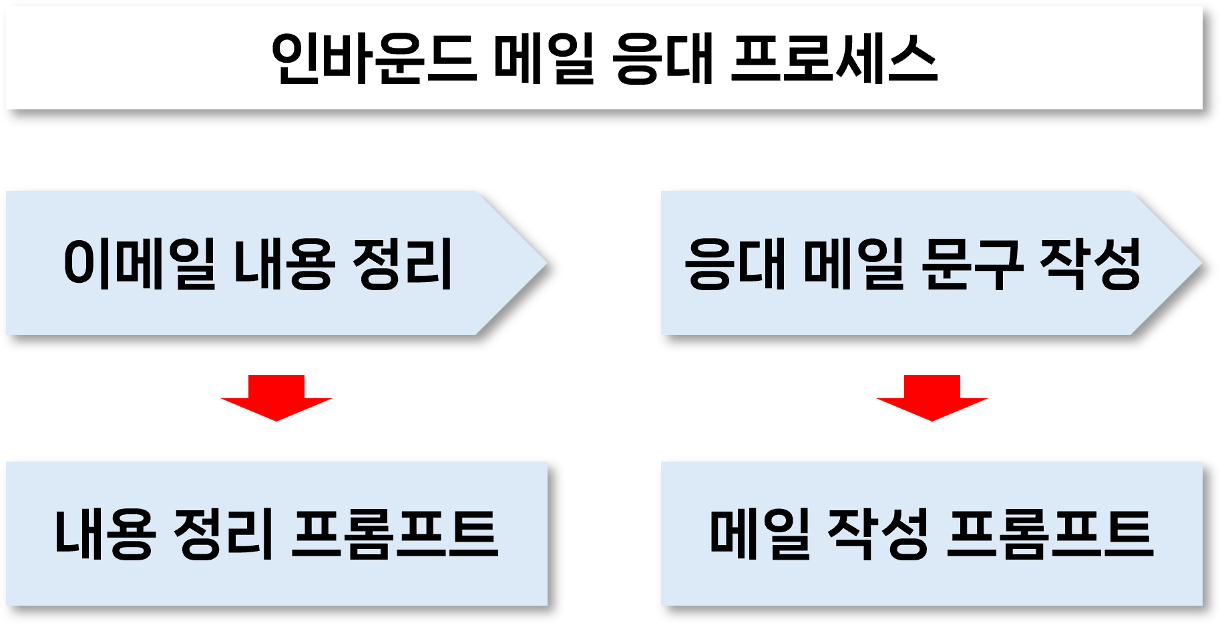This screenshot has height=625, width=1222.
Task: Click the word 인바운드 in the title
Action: coord(374,58)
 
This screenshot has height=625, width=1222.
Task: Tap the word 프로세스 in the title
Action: coord(834,58)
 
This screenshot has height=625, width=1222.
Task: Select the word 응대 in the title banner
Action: coord(663,58)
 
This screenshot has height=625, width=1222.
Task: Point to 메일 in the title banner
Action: coord(544,58)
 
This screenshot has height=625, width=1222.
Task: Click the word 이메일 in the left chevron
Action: coord(139,263)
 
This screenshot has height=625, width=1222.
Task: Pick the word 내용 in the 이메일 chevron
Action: coord(283,263)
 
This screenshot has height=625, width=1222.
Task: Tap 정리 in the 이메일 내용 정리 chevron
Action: coord(402,263)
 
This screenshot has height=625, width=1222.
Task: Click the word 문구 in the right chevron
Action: coord(972,263)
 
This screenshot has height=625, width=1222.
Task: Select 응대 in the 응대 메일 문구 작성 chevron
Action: coord(735,263)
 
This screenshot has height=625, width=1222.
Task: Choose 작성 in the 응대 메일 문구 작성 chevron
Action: coord(1090,263)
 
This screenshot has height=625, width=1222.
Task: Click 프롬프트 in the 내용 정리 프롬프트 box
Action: coord(395,533)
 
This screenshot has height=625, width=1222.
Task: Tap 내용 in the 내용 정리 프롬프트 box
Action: coord(105,533)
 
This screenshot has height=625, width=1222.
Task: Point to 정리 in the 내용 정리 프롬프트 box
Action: coord(224,533)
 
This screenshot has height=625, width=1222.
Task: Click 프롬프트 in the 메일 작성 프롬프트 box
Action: coord(1050,533)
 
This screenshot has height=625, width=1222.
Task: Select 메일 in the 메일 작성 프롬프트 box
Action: coord(760,533)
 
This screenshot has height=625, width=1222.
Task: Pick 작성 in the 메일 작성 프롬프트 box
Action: coord(878,533)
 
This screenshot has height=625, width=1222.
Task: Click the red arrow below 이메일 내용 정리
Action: coord(276,398)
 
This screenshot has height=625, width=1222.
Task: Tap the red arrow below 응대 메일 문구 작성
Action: coord(932,398)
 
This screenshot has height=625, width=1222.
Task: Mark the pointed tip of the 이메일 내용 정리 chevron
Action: coord(548,263)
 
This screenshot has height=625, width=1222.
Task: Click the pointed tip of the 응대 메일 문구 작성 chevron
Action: coord(1203,264)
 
